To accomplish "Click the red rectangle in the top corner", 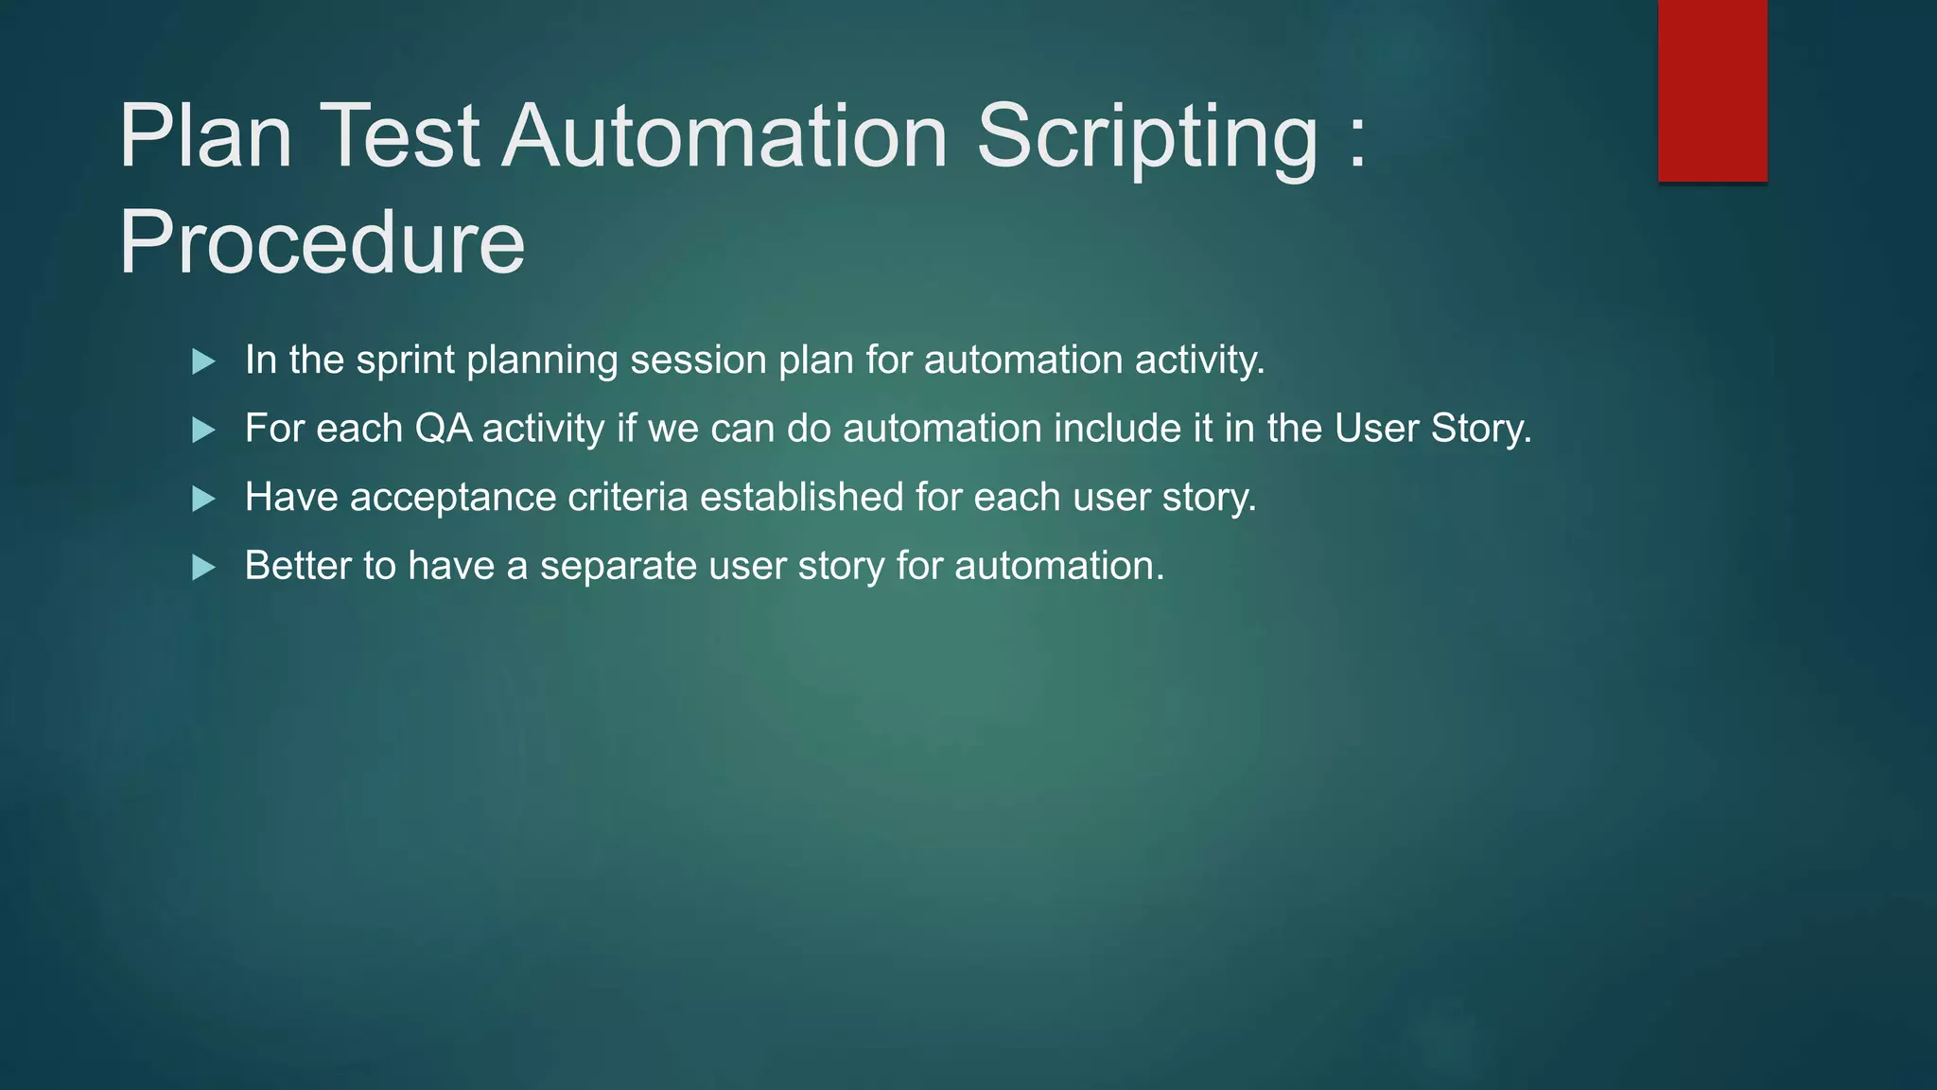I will coord(1712,90).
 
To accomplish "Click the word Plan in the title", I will coord(205,136).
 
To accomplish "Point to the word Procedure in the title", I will coord(322,243).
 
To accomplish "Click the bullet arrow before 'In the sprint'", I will coord(203,361).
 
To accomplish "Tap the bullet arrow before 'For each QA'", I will coord(203,431).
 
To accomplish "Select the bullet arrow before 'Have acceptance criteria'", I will coord(203,499).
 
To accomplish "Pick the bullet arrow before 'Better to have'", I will coord(203,568).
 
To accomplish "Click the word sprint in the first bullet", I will coord(406,361).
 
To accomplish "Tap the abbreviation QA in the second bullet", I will coord(444,429).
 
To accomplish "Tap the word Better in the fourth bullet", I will coord(298,566).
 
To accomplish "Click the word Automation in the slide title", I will coord(724,136).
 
